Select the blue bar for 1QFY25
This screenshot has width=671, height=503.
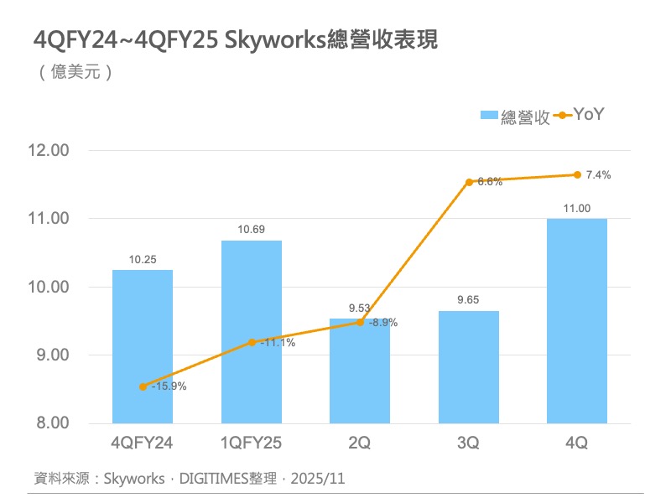click(252, 331)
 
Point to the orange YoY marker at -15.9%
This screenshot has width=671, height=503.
click(143, 386)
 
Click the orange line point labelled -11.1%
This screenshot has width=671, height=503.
click(252, 342)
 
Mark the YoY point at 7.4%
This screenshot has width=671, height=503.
click(577, 174)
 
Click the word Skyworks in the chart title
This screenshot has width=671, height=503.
click(273, 40)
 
